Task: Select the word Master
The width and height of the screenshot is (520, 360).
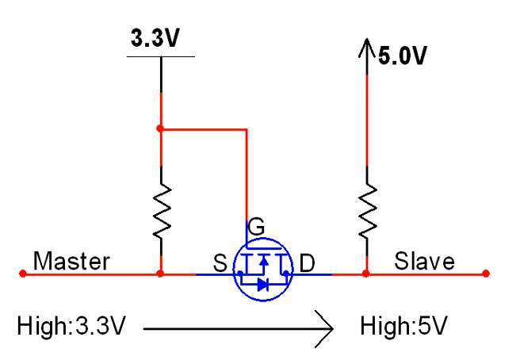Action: pyautogui.click(x=71, y=261)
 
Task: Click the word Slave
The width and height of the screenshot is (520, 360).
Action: pyautogui.click(x=426, y=261)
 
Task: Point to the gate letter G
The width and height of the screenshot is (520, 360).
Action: pyautogui.click(x=256, y=227)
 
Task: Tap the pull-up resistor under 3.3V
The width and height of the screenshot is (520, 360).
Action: pyautogui.click(x=161, y=210)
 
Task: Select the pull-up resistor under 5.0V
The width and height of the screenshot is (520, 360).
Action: pyautogui.click(x=367, y=210)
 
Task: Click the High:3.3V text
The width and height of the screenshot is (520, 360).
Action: pyautogui.click(x=71, y=325)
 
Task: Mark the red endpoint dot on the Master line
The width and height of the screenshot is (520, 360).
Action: pyautogui.click(x=22, y=274)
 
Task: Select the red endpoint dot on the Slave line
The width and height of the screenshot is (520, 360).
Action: pyautogui.click(x=485, y=274)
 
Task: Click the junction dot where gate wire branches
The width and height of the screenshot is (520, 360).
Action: pyautogui.click(x=161, y=128)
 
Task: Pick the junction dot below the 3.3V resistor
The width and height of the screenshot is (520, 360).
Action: pyautogui.click(x=161, y=274)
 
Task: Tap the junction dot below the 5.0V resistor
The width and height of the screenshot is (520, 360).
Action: pyautogui.click(x=367, y=274)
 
